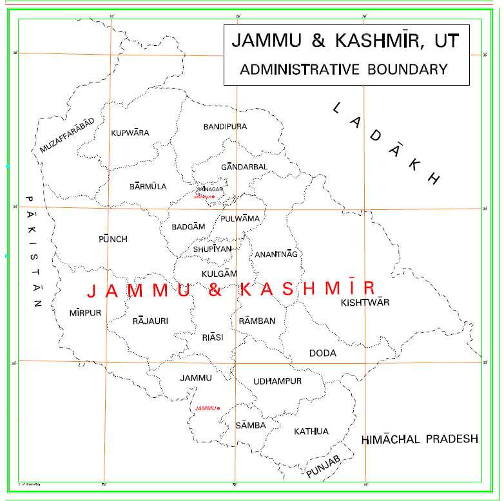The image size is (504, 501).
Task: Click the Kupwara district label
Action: click(x=130, y=133)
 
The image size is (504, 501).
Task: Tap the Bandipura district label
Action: click(x=225, y=127)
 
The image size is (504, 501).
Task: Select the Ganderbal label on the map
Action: click(x=244, y=167)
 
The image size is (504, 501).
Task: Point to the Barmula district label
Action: click(x=148, y=187)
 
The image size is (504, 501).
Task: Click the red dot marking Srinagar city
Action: click(x=213, y=196)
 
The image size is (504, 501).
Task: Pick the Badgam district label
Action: click(x=188, y=227)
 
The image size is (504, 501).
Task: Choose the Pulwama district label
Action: click(x=240, y=219)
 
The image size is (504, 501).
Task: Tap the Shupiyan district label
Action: click(x=212, y=249)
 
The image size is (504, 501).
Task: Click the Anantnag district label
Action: click(x=276, y=254)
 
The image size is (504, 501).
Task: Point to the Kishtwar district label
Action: click(x=365, y=302)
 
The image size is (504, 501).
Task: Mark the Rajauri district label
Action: click(x=150, y=320)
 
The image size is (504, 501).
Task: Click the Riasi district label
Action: click(x=212, y=337)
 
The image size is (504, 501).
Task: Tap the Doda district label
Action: click(x=322, y=354)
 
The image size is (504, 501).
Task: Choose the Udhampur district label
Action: click(x=277, y=382)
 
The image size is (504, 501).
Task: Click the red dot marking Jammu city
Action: click(x=219, y=408)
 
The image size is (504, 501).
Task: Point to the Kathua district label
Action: click(x=311, y=431)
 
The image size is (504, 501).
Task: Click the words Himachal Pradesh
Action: click(x=420, y=439)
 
